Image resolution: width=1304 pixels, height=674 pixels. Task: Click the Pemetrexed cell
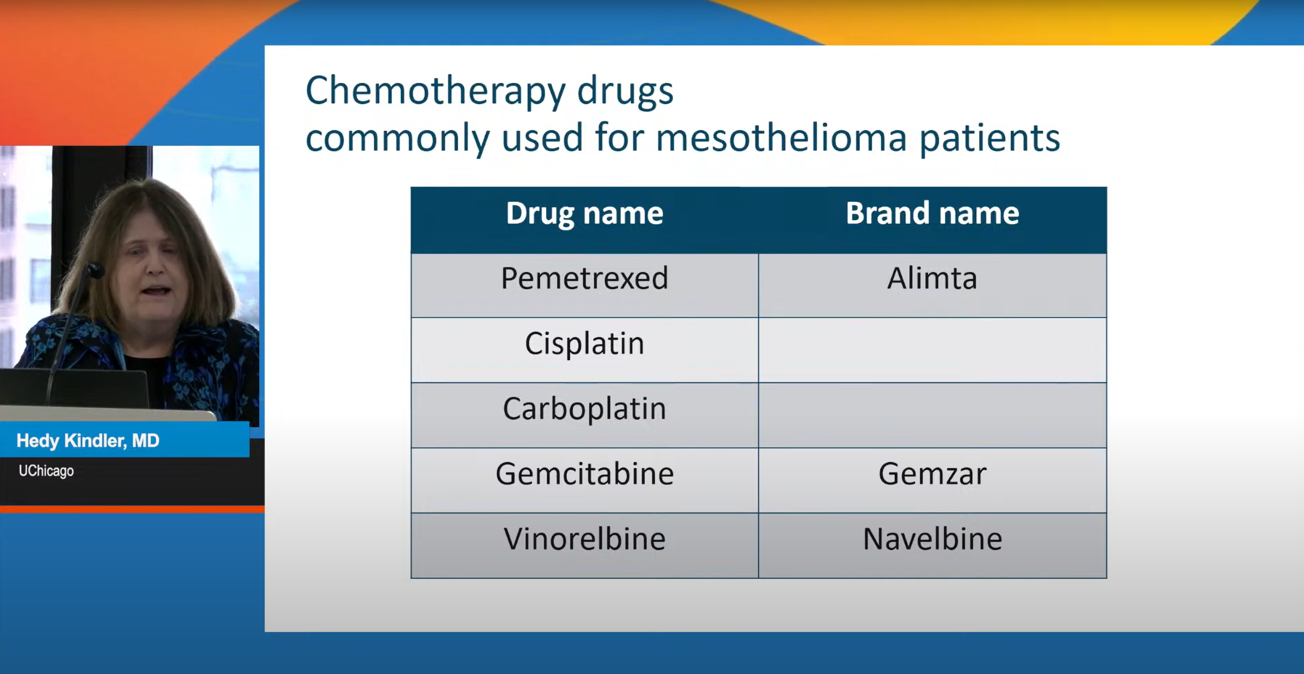(x=585, y=285)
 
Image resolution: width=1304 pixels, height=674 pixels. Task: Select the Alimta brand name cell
(x=933, y=285)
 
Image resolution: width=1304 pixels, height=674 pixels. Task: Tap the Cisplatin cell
(x=585, y=350)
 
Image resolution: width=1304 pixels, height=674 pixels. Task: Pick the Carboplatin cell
(x=585, y=415)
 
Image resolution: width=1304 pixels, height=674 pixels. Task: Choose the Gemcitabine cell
(x=585, y=480)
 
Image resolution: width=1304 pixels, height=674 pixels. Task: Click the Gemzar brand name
(x=933, y=474)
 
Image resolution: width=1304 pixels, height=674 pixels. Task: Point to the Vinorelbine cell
(x=585, y=545)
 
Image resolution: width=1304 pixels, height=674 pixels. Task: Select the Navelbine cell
(x=933, y=545)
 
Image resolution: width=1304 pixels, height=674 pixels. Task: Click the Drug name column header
(x=585, y=213)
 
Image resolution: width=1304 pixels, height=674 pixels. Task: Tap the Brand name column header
(x=933, y=213)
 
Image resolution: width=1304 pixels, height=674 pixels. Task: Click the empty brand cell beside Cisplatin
(x=933, y=350)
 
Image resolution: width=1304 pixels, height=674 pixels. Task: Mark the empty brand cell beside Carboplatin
(x=933, y=415)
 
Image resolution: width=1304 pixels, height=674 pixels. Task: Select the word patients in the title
(x=990, y=139)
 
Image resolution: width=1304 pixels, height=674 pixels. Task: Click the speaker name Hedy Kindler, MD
(x=88, y=441)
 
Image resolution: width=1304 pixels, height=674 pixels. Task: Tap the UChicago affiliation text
(x=46, y=471)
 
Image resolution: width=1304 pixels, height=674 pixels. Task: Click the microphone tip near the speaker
(x=95, y=269)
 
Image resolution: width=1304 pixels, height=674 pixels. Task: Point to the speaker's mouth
(x=157, y=290)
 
